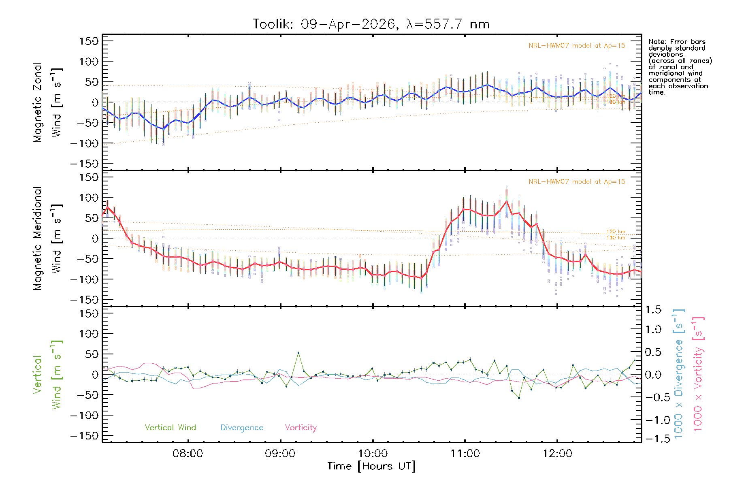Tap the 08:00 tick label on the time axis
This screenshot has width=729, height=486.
click(x=188, y=453)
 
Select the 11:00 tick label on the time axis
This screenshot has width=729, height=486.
click(x=465, y=453)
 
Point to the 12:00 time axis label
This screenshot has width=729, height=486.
click(x=557, y=453)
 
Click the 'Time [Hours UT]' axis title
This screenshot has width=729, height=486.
click(x=371, y=466)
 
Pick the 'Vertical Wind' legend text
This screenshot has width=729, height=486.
click(x=170, y=427)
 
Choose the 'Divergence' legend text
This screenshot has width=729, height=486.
click(x=242, y=427)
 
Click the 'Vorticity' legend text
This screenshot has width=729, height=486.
click(x=301, y=427)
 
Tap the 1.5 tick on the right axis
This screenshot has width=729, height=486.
click(x=653, y=310)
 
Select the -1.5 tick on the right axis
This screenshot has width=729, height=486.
click(x=653, y=438)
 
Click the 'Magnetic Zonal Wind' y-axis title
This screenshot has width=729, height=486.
click(x=47, y=102)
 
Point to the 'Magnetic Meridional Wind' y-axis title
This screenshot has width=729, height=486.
click(x=47, y=239)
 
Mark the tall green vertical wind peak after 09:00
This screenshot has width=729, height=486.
click(x=298, y=353)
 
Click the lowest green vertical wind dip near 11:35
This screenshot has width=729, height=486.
click(x=519, y=398)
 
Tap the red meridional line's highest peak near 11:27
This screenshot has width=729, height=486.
click(x=506, y=201)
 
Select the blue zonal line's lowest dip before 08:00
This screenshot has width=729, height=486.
click(x=163, y=129)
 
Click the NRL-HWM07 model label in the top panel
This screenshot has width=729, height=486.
click(x=577, y=46)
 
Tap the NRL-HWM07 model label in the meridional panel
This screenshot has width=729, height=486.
click(x=577, y=182)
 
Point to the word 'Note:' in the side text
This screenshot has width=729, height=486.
click(x=657, y=42)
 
